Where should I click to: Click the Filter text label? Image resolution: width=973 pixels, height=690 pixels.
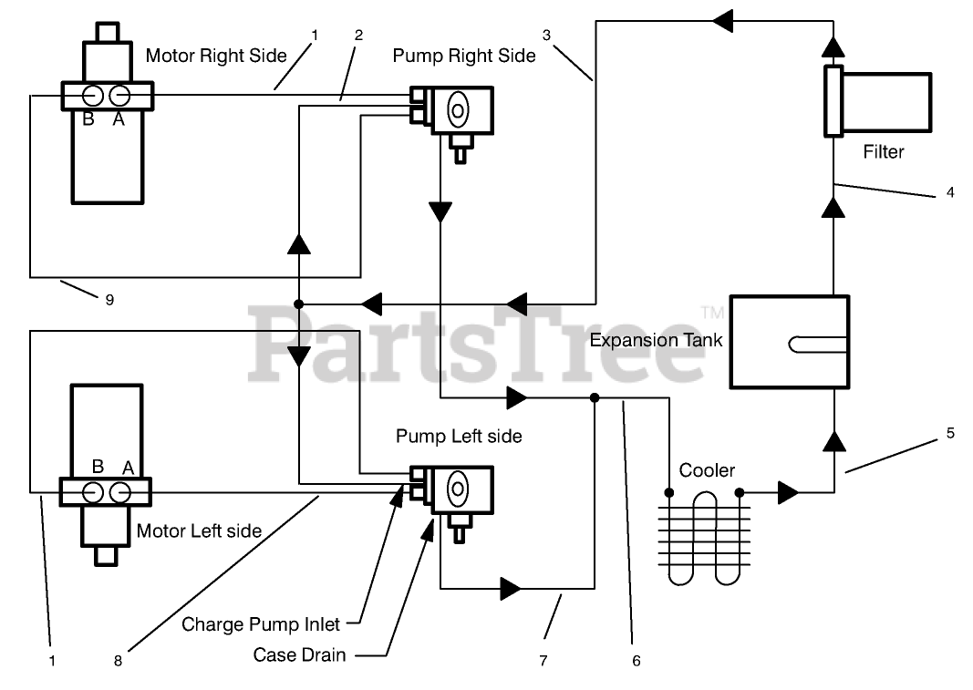883,151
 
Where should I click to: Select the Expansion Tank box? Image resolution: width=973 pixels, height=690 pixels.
790,342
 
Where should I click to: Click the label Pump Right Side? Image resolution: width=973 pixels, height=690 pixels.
464,56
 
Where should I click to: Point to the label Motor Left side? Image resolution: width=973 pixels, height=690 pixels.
199,530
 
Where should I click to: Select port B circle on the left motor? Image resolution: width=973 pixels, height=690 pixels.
93,492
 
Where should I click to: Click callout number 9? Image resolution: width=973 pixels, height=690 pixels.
109,300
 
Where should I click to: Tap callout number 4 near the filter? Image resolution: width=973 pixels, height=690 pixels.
950,192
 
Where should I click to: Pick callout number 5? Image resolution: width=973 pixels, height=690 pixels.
950,434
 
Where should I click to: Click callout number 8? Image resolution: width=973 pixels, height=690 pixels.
118,661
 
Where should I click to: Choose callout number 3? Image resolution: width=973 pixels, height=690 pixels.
546,36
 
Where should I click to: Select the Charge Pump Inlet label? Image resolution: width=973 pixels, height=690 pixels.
261,624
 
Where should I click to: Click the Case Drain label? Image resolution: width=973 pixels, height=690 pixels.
299,654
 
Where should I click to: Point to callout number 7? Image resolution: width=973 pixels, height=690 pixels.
543,661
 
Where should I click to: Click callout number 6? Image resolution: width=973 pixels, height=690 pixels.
637,661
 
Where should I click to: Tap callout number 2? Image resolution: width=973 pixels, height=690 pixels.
358,36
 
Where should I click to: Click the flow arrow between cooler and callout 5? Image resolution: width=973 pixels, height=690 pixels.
787,493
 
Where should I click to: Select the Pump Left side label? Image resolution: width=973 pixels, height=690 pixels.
459,437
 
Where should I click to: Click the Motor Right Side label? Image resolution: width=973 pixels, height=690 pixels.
216,56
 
